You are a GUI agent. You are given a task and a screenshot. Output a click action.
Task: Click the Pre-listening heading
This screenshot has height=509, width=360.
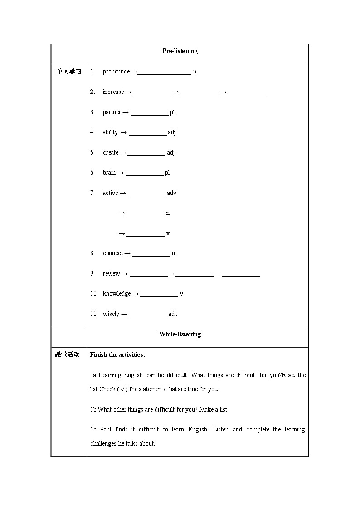(x=180, y=51)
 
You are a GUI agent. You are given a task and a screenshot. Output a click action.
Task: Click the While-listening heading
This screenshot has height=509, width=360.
(x=180, y=334)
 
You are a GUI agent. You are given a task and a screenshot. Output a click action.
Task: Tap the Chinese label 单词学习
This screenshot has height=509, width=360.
(x=68, y=72)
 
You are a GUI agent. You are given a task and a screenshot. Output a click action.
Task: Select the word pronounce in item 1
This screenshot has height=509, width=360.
(x=116, y=72)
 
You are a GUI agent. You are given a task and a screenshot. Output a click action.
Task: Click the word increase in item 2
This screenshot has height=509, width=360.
(x=113, y=92)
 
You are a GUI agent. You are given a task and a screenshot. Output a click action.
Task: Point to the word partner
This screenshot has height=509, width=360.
(x=112, y=112)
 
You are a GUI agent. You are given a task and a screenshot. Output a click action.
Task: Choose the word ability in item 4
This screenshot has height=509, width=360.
(x=110, y=132)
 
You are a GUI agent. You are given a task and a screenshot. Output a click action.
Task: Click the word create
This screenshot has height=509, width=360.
(x=111, y=153)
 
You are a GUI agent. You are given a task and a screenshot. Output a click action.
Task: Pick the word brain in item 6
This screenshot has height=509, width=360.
(x=109, y=173)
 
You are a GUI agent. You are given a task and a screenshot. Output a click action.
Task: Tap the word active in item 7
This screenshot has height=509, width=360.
(x=110, y=193)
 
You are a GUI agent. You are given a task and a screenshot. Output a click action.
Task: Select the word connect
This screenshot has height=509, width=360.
(x=113, y=253)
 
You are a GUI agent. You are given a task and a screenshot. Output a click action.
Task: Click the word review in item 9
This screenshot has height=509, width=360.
(x=111, y=274)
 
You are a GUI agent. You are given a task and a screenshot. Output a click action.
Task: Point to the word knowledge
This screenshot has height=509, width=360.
(x=117, y=294)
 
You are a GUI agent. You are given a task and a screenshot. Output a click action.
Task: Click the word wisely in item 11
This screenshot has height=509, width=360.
(x=111, y=314)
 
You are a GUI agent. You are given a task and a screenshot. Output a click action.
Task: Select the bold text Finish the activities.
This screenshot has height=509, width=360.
(x=117, y=355)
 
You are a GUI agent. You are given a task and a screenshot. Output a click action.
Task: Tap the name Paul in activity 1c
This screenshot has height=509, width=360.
(x=106, y=430)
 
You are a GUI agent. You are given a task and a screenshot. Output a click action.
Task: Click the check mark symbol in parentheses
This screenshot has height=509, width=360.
(x=122, y=389)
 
